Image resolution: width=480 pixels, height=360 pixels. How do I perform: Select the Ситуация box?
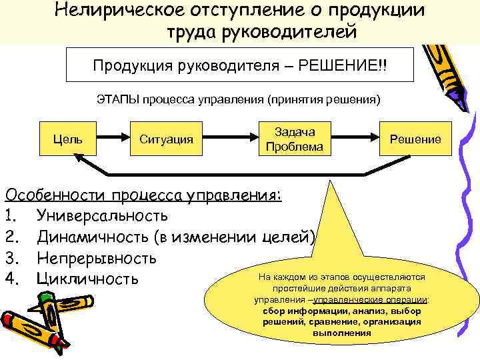pyautogui.click(x=166, y=139)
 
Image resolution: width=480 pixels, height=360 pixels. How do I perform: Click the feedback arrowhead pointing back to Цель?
pyautogui.click(x=79, y=159)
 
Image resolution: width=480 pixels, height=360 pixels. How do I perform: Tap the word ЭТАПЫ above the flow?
pyautogui.click(x=117, y=101)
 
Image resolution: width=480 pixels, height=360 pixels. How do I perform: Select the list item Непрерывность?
pyautogui.click(x=97, y=257)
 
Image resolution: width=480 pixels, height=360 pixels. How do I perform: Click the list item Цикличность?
pyautogui.click(x=87, y=278)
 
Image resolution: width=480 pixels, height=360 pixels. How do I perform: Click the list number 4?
pyautogui.click(x=10, y=278)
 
